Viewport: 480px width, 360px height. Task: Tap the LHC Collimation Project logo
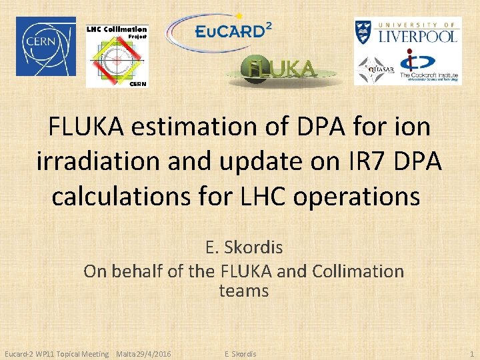117,56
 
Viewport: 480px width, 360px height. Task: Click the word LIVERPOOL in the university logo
418,36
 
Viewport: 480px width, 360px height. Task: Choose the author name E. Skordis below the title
244,247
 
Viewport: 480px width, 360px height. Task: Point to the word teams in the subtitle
244,291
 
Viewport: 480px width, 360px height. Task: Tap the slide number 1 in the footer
471,353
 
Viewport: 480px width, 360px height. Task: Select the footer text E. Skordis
240,353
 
